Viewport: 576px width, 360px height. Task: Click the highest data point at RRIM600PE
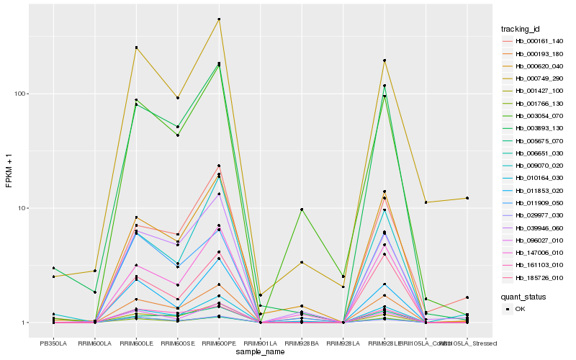pyautogui.click(x=219, y=19)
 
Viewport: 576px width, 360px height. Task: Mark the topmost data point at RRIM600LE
pyautogui.click(x=136, y=48)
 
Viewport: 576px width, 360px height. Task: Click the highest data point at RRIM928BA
pyautogui.click(x=302, y=210)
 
